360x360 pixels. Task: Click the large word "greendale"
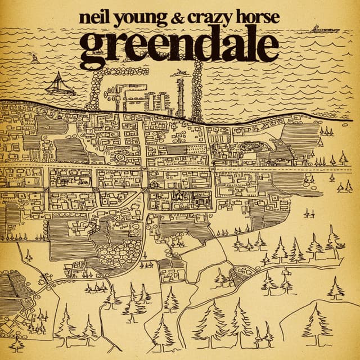click(x=179, y=46)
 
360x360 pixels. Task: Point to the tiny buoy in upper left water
click(x=35, y=58)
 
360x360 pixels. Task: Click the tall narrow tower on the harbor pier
click(x=180, y=96)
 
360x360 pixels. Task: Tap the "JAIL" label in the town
click(x=199, y=196)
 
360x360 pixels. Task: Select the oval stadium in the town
click(x=256, y=147)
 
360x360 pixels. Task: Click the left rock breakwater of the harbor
click(x=96, y=90)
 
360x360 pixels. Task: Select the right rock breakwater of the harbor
click(x=197, y=90)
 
